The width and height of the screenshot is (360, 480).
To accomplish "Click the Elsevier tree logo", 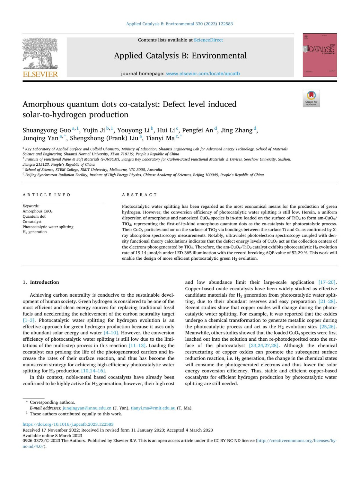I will (40, 54).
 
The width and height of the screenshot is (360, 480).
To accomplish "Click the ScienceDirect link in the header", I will (208, 40).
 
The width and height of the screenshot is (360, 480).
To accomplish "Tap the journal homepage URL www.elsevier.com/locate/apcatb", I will (203, 74).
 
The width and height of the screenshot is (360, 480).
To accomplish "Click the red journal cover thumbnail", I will (319, 55).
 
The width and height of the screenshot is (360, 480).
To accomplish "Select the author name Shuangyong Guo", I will (46, 130).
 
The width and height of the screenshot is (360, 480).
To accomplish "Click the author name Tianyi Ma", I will (160, 138).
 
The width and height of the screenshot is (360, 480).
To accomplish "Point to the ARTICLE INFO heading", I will (46, 195).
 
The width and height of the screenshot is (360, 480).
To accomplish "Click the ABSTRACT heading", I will (139, 195).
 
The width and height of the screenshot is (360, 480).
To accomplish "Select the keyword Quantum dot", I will (34, 216).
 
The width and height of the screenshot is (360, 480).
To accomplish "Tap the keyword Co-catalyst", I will (32, 222).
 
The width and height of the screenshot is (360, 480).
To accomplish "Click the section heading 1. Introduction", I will (41, 282).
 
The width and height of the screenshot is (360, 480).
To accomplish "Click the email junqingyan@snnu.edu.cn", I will (87, 408).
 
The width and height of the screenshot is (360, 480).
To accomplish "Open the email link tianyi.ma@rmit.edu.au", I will (153, 408).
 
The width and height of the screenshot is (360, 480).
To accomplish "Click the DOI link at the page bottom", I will (68, 424).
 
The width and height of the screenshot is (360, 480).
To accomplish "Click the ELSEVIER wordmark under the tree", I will (40, 74).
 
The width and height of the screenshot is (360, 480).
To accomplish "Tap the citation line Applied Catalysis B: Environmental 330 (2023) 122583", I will (179, 24).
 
